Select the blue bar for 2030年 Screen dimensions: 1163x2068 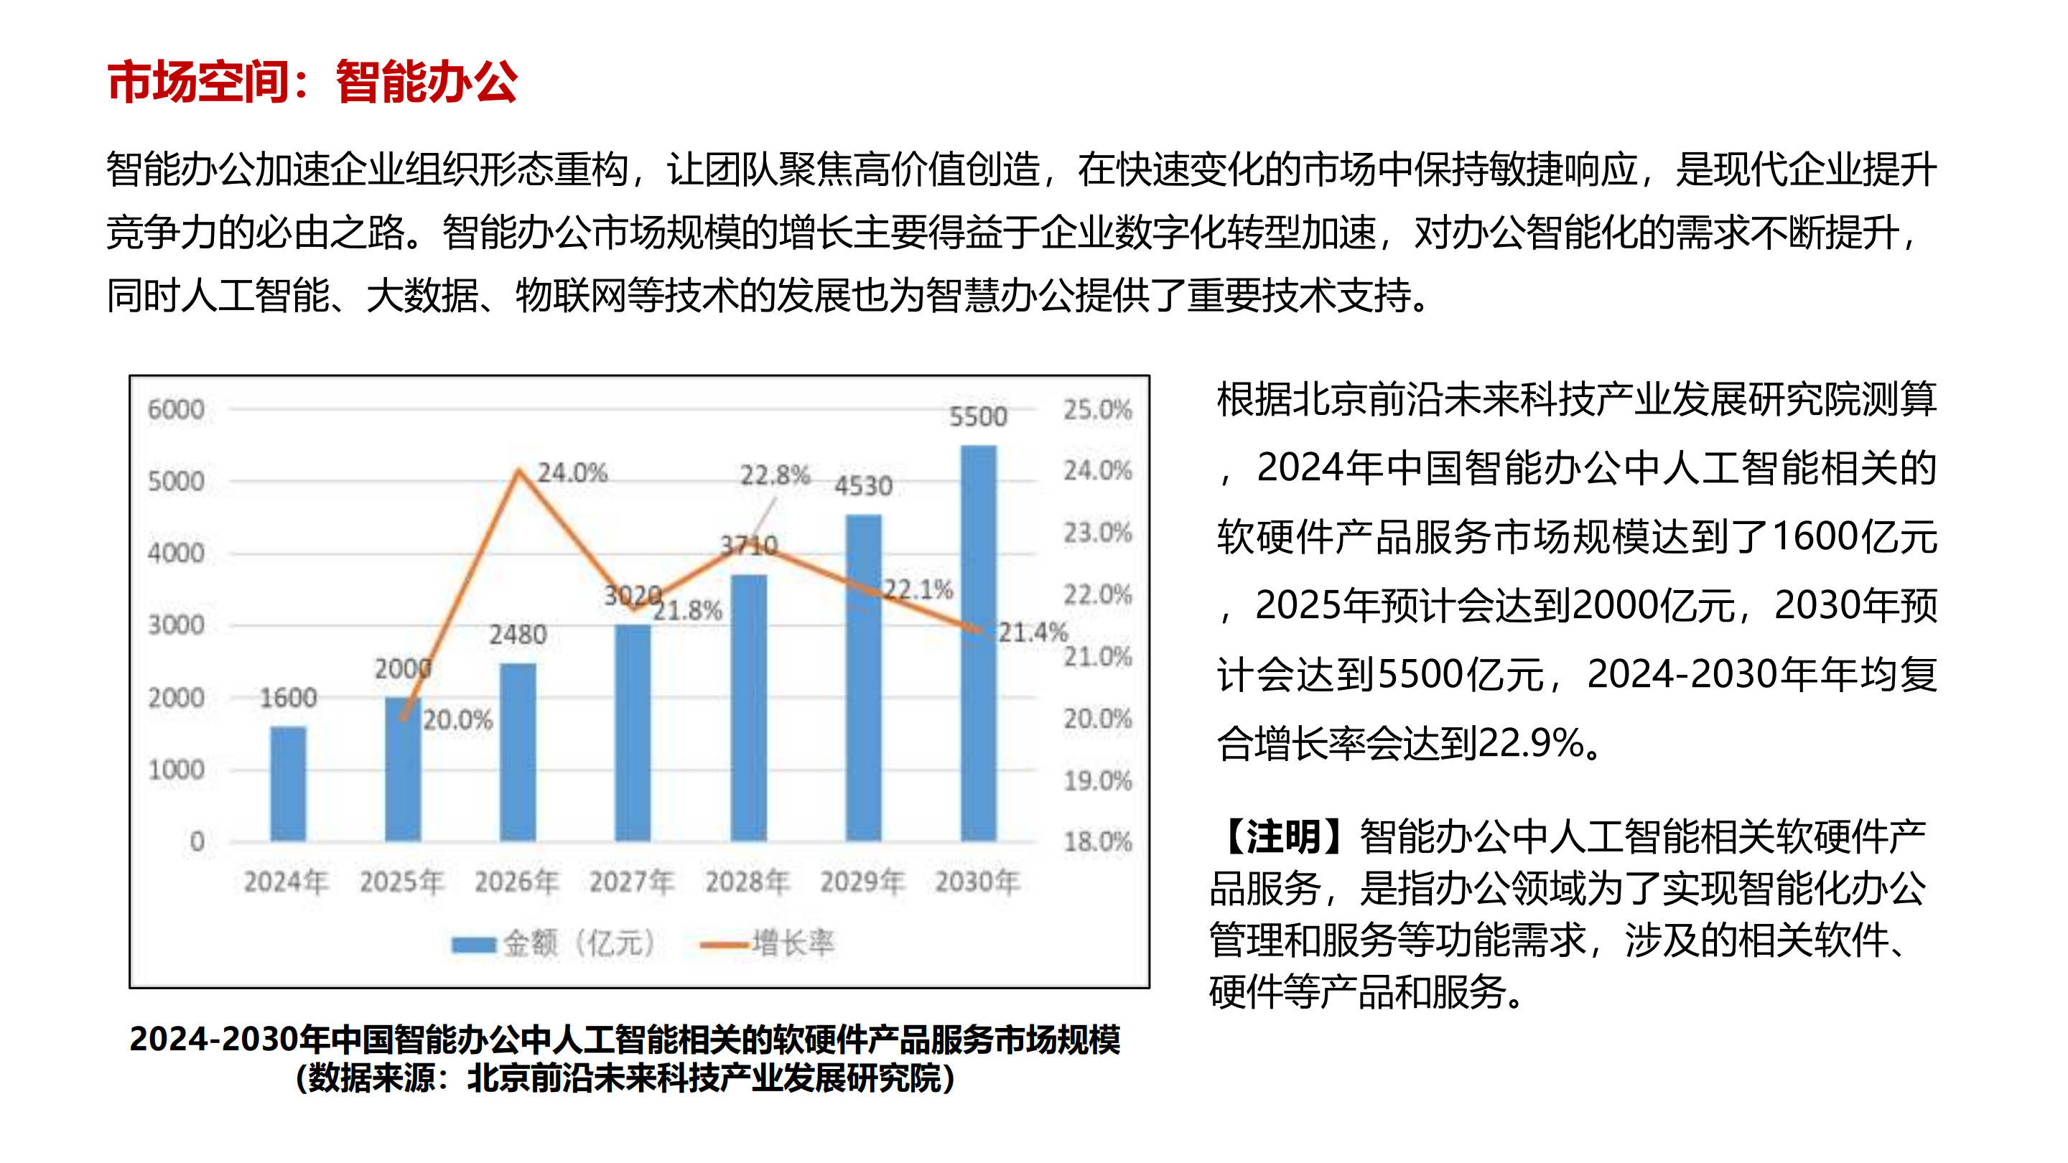pos(978,642)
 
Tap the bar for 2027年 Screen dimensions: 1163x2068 pos(633,732)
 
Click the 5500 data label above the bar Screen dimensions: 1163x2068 pos(978,416)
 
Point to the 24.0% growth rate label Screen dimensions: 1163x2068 pos(572,473)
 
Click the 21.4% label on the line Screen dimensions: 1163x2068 pos(1033,632)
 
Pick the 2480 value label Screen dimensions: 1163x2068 pos(518,635)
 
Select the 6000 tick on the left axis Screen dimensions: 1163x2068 pos(176,409)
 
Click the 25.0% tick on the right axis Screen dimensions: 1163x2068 pos(1097,409)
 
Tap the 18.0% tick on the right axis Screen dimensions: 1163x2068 pos(1097,842)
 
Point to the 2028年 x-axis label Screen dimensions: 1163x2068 pos(747,882)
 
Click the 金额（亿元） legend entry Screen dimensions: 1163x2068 pos(554,943)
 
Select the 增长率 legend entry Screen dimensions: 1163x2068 pos(768,943)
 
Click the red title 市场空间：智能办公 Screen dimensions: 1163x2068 pos(312,82)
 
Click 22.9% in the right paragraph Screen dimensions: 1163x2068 pos(1529,743)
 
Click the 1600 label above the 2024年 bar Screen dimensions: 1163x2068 pos(288,698)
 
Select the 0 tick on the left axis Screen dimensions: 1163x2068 pos(197,842)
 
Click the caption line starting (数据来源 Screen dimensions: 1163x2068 pos(625,1078)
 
